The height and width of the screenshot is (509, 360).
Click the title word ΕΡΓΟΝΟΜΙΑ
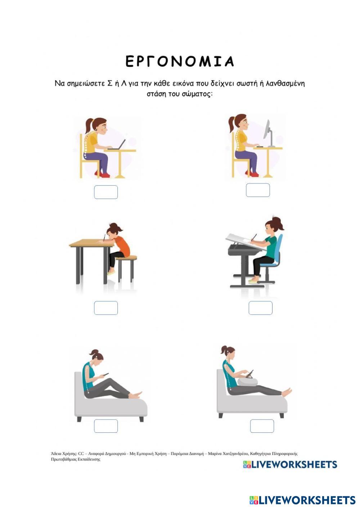180,61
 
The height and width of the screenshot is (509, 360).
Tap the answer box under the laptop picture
106,192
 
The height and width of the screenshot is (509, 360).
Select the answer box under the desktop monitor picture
258,190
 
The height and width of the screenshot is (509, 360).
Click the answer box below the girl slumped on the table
106,308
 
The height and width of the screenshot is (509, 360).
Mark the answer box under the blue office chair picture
260,308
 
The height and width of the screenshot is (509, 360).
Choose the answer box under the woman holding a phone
106,426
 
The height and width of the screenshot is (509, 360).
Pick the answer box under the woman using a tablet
262,426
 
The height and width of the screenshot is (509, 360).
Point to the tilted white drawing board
246,242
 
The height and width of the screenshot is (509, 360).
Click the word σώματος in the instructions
197,94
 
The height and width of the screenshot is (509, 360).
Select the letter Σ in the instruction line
110,84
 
